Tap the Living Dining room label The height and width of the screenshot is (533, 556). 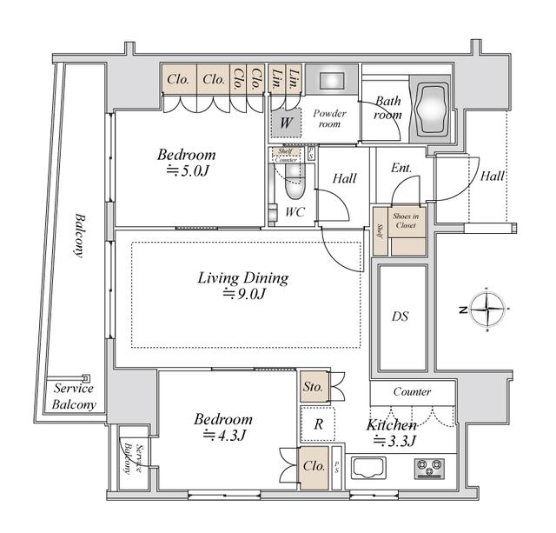tap(242, 279)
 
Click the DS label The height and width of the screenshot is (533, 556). tap(400, 316)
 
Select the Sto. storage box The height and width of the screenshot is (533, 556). tap(313, 386)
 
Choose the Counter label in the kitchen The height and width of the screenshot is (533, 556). tap(412, 392)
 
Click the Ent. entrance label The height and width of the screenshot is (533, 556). tap(400, 168)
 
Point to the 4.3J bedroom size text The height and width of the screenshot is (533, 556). tap(222, 435)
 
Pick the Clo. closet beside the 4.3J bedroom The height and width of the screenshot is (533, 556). tap(314, 465)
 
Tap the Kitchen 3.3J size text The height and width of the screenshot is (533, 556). tap(394, 441)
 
